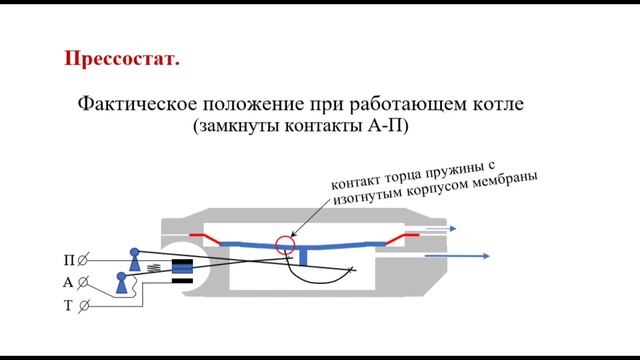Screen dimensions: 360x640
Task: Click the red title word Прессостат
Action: click(122, 59)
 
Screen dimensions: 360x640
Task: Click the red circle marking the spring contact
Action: click(288, 242)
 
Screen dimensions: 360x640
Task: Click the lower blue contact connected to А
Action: click(122, 283)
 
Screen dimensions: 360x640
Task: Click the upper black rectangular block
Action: click(182, 265)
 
